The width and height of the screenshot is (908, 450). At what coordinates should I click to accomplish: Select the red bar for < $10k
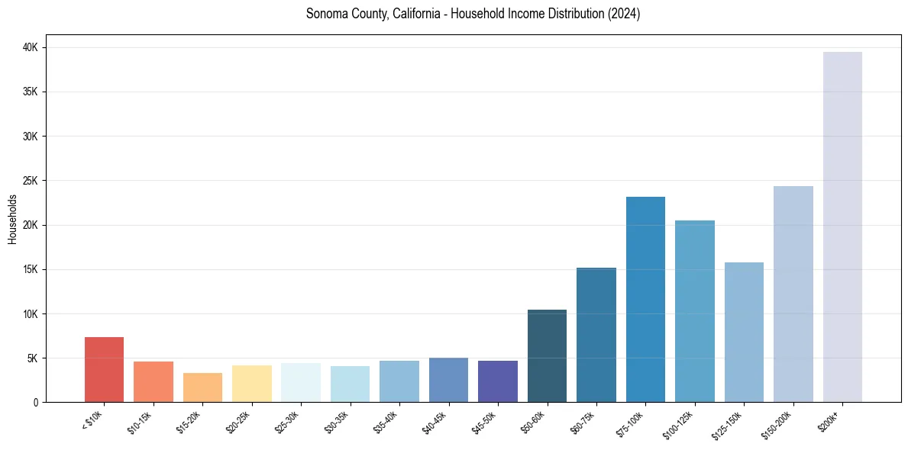(x=104, y=369)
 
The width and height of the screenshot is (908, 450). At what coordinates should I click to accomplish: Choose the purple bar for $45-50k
(x=498, y=381)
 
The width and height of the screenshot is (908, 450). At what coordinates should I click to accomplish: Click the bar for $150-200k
(x=793, y=294)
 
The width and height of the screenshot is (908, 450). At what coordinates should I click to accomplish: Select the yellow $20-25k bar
(x=251, y=384)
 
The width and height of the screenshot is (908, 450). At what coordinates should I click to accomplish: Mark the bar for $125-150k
(x=744, y=332)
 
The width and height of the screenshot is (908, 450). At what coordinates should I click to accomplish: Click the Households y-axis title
(x=13, y=219)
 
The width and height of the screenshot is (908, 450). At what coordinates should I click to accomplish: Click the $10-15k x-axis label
(x=141, y=420)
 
